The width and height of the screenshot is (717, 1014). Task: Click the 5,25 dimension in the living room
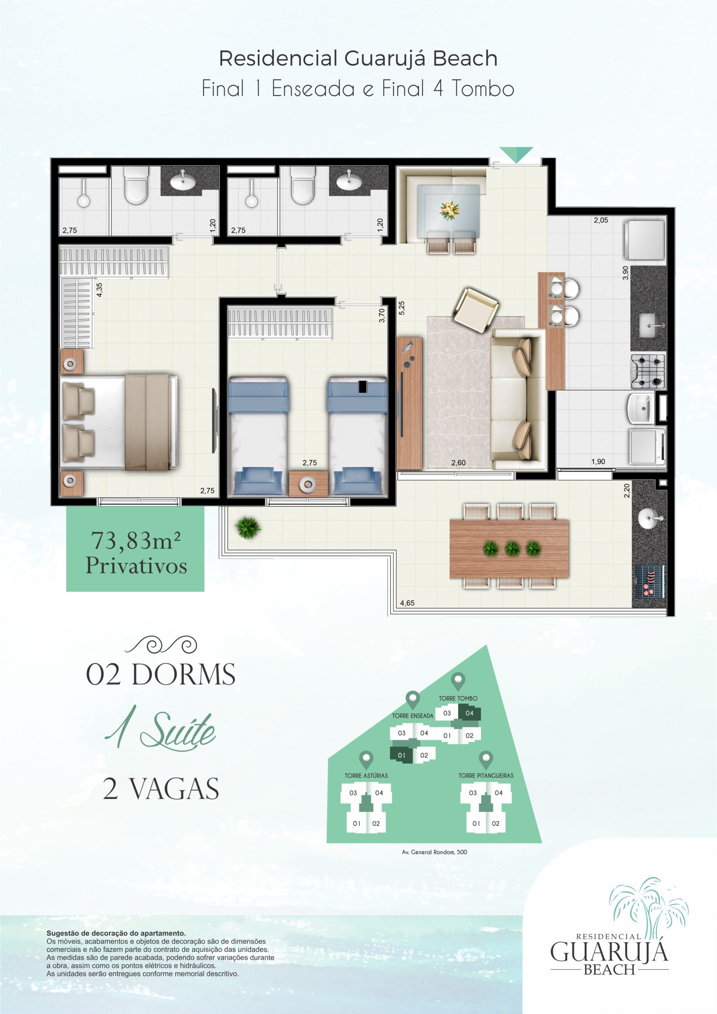tap(401, 308)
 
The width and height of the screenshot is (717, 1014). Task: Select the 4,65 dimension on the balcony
tap(407, 603)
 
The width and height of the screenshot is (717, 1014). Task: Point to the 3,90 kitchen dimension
tap(625, 273)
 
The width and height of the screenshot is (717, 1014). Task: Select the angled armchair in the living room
tap(475, 309)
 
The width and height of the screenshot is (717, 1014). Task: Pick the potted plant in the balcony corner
tap(248, 527)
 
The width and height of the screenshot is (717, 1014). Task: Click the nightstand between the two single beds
tap(308, 484)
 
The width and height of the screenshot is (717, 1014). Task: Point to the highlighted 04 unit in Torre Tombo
tap(469, 713)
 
